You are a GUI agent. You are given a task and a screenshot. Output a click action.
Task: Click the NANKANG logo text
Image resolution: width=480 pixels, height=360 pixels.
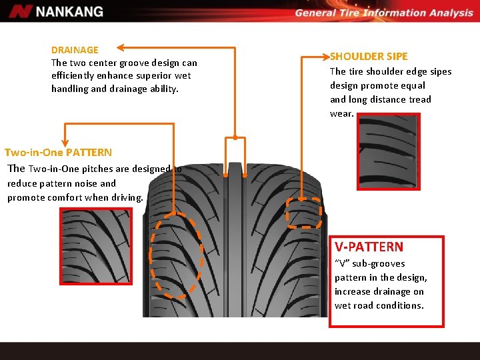click(69, 11)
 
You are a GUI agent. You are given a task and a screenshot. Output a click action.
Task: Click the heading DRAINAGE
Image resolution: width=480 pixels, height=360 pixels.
click(75, 50)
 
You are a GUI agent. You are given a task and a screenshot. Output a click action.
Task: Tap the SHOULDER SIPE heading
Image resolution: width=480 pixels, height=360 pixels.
click(369, 57)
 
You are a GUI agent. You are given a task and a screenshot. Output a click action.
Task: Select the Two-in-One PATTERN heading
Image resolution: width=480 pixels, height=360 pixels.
click(58, 153)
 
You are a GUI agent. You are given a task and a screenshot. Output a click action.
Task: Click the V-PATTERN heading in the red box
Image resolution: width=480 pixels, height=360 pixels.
click(369, 247)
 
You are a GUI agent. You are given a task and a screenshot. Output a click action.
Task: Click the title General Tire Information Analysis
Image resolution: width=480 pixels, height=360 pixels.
click(383, 13)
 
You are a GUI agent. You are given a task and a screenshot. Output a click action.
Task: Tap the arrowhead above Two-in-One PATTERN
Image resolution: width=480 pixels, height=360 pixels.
click(65, 141)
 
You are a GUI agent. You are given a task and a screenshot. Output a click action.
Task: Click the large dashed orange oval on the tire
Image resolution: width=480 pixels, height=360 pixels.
click(176, 255)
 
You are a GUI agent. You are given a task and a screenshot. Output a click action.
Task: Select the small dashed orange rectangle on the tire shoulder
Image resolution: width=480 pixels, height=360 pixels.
click(304, 213)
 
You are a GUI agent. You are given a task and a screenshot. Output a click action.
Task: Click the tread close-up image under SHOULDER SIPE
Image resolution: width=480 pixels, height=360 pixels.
click(389, 151)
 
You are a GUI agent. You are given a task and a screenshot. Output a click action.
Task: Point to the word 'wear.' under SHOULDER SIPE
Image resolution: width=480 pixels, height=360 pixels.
click(342, 113)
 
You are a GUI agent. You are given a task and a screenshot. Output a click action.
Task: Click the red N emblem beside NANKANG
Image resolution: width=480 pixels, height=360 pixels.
click(21, 11)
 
